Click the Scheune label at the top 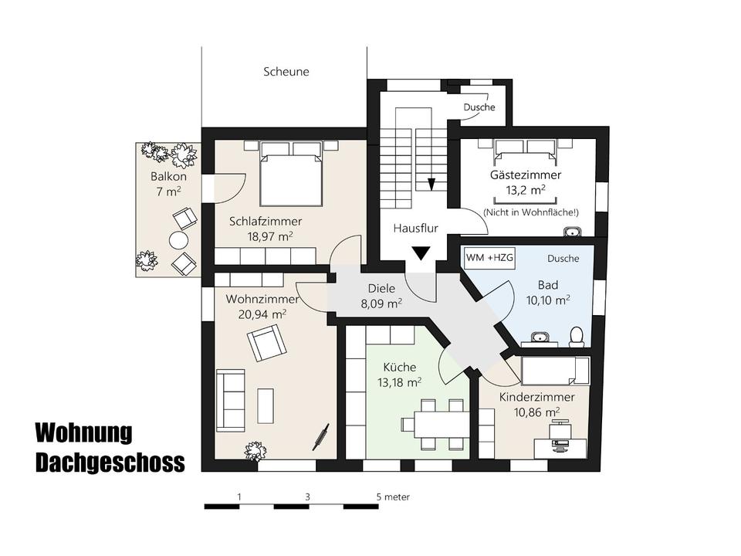coord(286,72)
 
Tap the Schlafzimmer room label coord(261,221)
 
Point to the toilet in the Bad coord(576,335)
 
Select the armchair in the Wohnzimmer coord(266,342)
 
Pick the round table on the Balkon coord(179,240)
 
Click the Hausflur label coord(415,229)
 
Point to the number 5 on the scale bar coord(378,497)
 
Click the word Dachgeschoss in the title coord(110,462)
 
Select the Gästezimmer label coord(526,175)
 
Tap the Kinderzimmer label coord(536,397)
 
